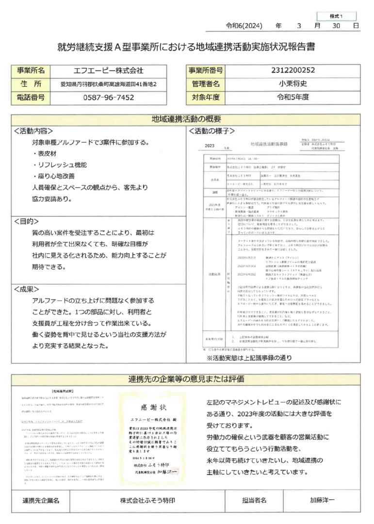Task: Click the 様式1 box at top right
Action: tap(336, 16)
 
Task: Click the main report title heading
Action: tap(187, 47)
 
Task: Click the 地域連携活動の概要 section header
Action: tap(187, 119)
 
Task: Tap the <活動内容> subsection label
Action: tap(33, 131)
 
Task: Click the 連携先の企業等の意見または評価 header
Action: tap(187, 392)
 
